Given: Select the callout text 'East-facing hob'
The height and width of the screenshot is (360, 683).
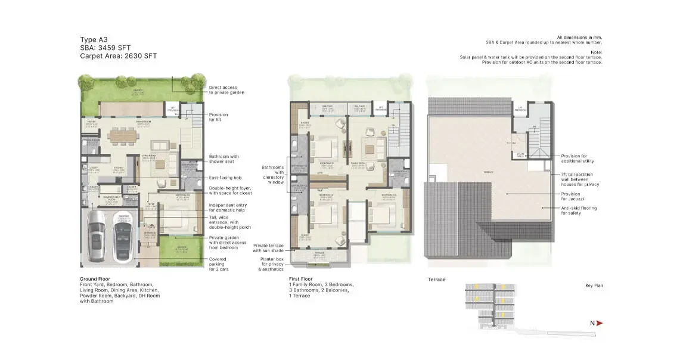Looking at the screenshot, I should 225,178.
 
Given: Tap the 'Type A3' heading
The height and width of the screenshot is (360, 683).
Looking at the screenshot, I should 94,38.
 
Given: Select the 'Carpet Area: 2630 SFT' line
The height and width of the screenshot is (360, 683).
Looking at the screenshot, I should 119,56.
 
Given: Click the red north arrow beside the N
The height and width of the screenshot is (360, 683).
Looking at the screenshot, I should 600,323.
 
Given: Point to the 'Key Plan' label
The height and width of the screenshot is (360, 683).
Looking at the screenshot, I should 594,285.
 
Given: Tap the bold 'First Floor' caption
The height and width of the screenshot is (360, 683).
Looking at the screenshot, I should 301,279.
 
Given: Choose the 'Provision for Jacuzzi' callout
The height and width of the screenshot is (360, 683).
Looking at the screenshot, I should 570,196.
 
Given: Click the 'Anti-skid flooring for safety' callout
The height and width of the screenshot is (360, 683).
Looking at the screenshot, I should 578,210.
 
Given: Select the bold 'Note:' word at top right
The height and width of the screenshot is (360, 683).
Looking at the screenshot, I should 597,52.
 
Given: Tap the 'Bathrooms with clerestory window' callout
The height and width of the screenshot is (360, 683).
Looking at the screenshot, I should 274,175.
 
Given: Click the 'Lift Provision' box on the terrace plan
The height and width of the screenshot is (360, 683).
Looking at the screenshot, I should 520,110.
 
